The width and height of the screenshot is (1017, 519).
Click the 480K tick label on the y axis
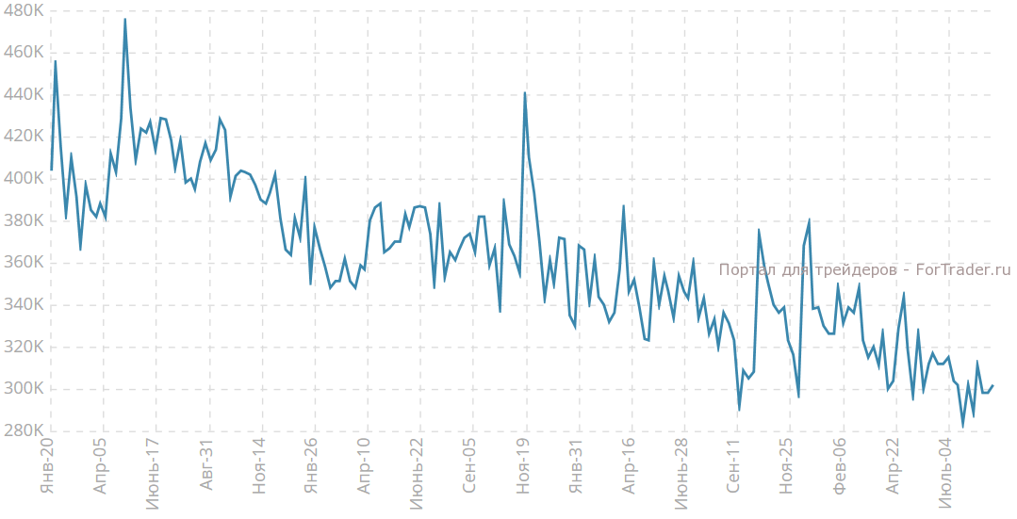tap(23, 11)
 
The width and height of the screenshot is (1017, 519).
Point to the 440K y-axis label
tap(23, 95)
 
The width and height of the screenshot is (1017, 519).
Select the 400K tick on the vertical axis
tap(23, 179)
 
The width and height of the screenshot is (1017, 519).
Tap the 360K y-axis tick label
tap(23, 263)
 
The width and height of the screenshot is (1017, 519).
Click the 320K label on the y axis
tap(23, 347)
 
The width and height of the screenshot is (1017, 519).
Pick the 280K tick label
tap(23, 430)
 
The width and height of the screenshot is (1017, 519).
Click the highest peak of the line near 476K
tap(124, 20)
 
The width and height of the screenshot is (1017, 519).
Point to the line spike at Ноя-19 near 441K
tap(525, 93)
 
